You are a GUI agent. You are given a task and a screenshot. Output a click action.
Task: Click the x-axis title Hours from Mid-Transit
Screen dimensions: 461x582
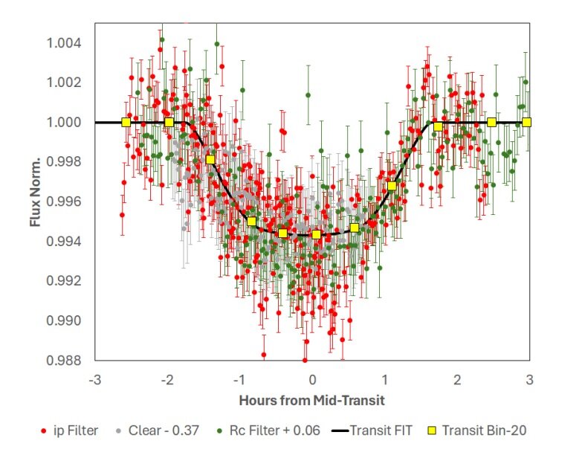[x=311, y=400]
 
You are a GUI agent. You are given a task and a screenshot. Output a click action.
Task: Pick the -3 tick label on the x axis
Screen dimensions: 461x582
[x=94, y=379]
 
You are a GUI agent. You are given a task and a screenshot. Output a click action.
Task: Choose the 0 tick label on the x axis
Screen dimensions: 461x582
[x=312, y=379]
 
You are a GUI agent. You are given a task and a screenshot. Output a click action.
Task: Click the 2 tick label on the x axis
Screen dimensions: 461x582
[x=457, y=379]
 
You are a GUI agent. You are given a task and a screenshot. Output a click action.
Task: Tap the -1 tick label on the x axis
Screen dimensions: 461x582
[x=239, y=379]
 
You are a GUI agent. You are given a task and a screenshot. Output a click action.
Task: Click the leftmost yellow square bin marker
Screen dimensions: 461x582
[x=126, y=122]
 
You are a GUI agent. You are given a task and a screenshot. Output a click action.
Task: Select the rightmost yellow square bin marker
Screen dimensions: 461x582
[x=526, y=122]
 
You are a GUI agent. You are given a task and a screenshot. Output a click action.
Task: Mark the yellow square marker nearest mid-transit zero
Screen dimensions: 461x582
[x=316, y=234]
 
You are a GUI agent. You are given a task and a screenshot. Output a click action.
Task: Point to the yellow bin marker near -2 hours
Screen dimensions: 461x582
[x=169, y=122]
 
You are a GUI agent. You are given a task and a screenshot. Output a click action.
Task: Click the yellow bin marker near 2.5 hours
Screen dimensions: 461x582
[x=491, y=122]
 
